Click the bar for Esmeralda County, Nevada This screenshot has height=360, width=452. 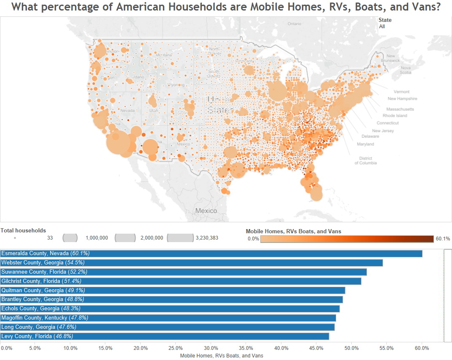(x=211, y=253)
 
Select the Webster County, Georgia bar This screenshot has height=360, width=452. (x=192, y=263)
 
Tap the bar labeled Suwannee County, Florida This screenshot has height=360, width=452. (x=184, y=272)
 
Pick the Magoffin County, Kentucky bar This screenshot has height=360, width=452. (x=168, y=318)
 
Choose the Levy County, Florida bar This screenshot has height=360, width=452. (x=165, y=336)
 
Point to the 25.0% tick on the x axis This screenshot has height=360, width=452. (x=176, y=348)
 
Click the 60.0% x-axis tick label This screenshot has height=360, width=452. (x=422, y=348)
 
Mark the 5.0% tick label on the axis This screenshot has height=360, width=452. (x=35, y=348)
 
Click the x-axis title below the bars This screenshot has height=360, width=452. (x=222, y=356)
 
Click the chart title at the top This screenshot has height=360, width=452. (x=226, y=8)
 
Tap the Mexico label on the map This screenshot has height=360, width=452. (x=206, y=211)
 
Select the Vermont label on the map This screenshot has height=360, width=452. (x=401, y=92)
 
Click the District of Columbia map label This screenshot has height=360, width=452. (x=365, y=160)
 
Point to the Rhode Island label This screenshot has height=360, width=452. (x=395, y=116)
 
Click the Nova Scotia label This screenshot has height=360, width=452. (x=405, y=70)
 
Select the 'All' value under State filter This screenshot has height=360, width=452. (x=382, y=27)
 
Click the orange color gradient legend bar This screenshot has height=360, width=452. (x=347, y=239)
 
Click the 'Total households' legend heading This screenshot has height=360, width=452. (x=23, y=231)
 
